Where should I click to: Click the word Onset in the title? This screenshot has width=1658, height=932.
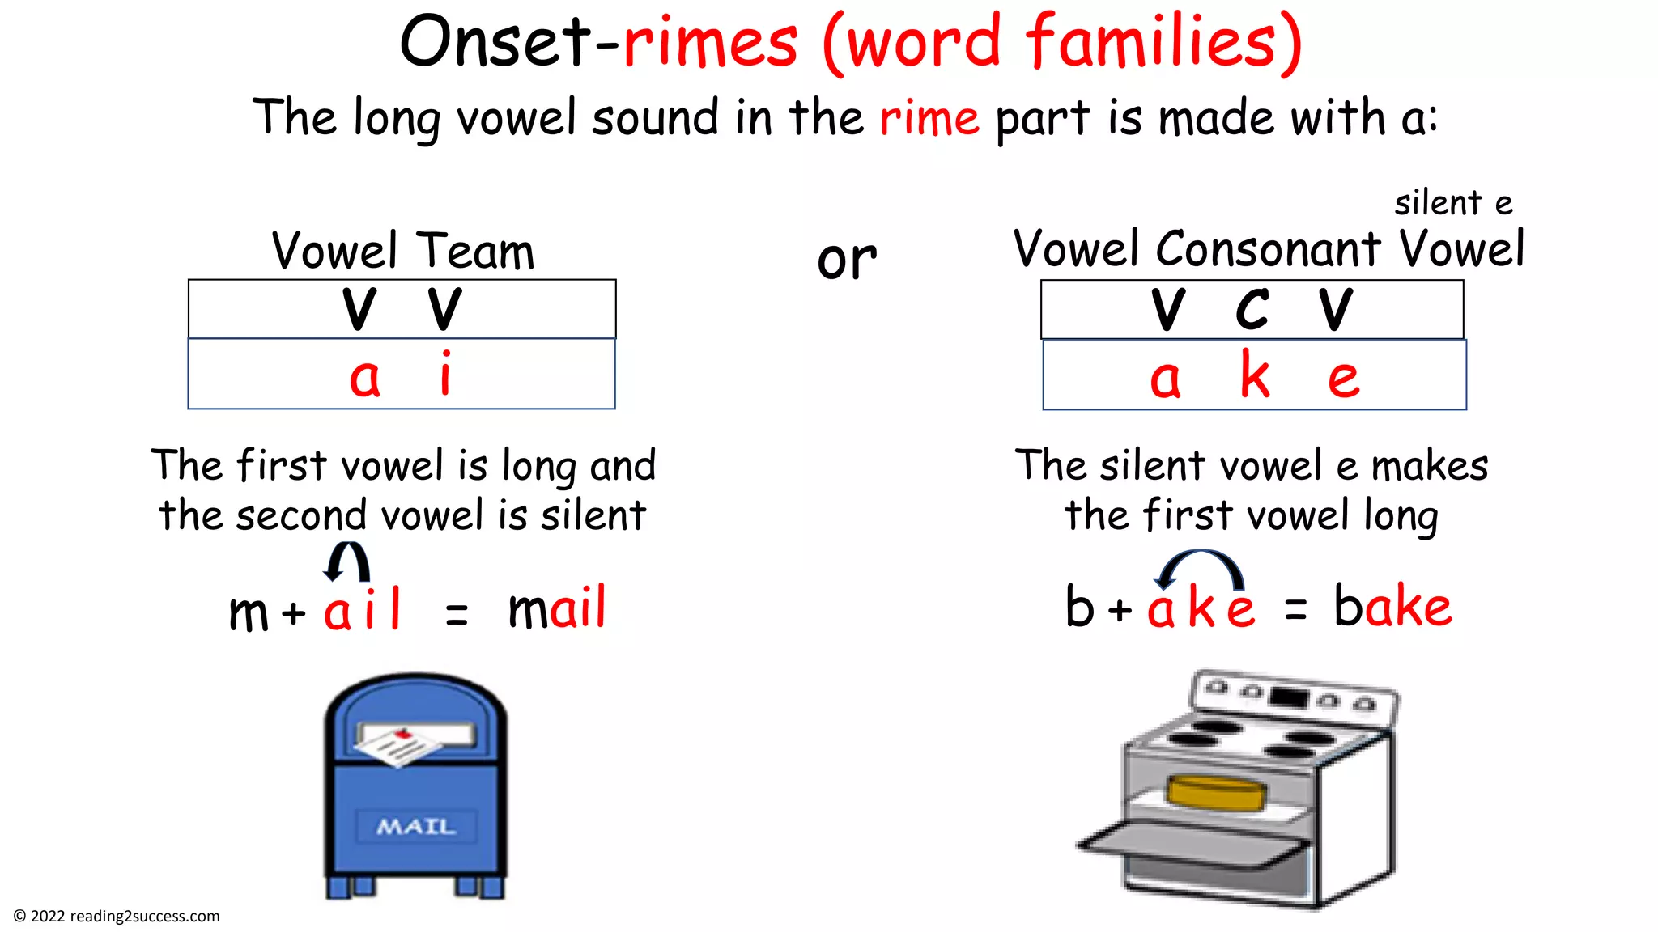click(495, 42)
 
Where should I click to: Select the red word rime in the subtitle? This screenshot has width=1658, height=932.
click(929, 119)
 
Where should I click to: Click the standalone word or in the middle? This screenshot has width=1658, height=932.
click(847, 260)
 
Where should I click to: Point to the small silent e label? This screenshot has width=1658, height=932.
click(1453, 203)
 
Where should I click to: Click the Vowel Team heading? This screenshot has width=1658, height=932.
click(402, 251)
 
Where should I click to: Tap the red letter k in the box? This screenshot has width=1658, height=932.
click(1255, 375)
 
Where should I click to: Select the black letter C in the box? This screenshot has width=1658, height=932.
click(1252, 309)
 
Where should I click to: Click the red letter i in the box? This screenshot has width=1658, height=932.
click(445, 374)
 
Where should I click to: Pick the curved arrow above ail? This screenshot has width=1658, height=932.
click(347, 561)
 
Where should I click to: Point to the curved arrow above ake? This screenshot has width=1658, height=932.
click(1200, 567)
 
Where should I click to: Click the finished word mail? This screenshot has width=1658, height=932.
click(557, 608)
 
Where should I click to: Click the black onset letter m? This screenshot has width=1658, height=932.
click(248, 612)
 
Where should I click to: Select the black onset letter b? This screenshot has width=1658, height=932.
click(1080, 606)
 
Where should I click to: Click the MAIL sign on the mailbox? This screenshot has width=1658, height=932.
click(415, 826)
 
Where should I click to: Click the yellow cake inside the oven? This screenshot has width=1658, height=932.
click(1217, 792)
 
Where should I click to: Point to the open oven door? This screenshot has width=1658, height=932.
click(1190, 845)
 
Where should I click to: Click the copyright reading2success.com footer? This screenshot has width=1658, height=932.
click(117, 916)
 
